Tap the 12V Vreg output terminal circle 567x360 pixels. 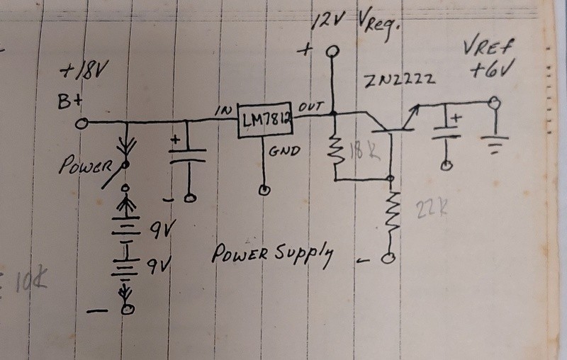332,52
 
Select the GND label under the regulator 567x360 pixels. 284,151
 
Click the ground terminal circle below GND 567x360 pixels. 264,189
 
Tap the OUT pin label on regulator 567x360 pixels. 311,106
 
